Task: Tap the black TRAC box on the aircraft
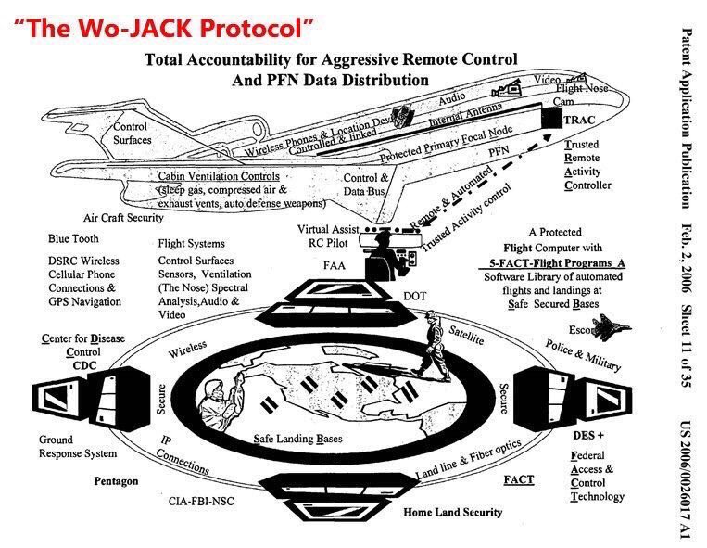[554, 119]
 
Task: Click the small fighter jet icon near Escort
[611, 328]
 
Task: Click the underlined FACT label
[518, 480]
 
